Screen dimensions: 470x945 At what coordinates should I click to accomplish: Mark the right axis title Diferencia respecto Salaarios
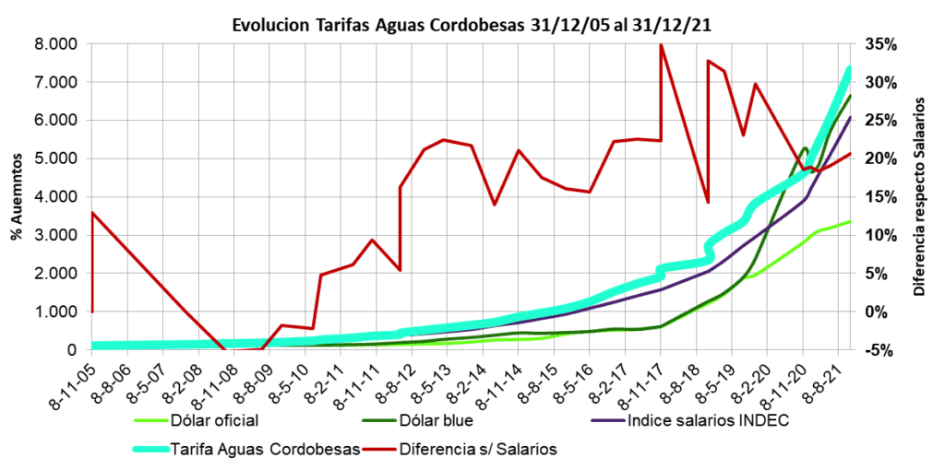[918, 196]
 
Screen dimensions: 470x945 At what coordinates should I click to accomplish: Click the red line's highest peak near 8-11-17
[661, 45]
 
